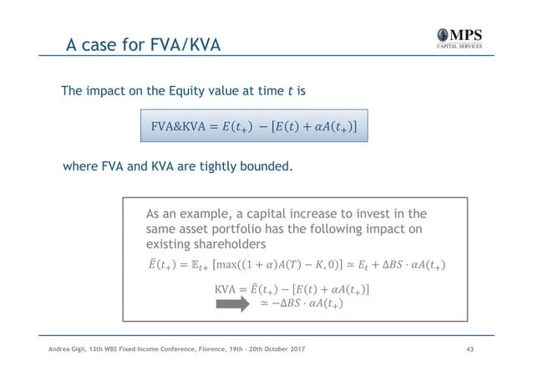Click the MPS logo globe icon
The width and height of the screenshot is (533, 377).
pyautogui.click(x=441, y=37)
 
